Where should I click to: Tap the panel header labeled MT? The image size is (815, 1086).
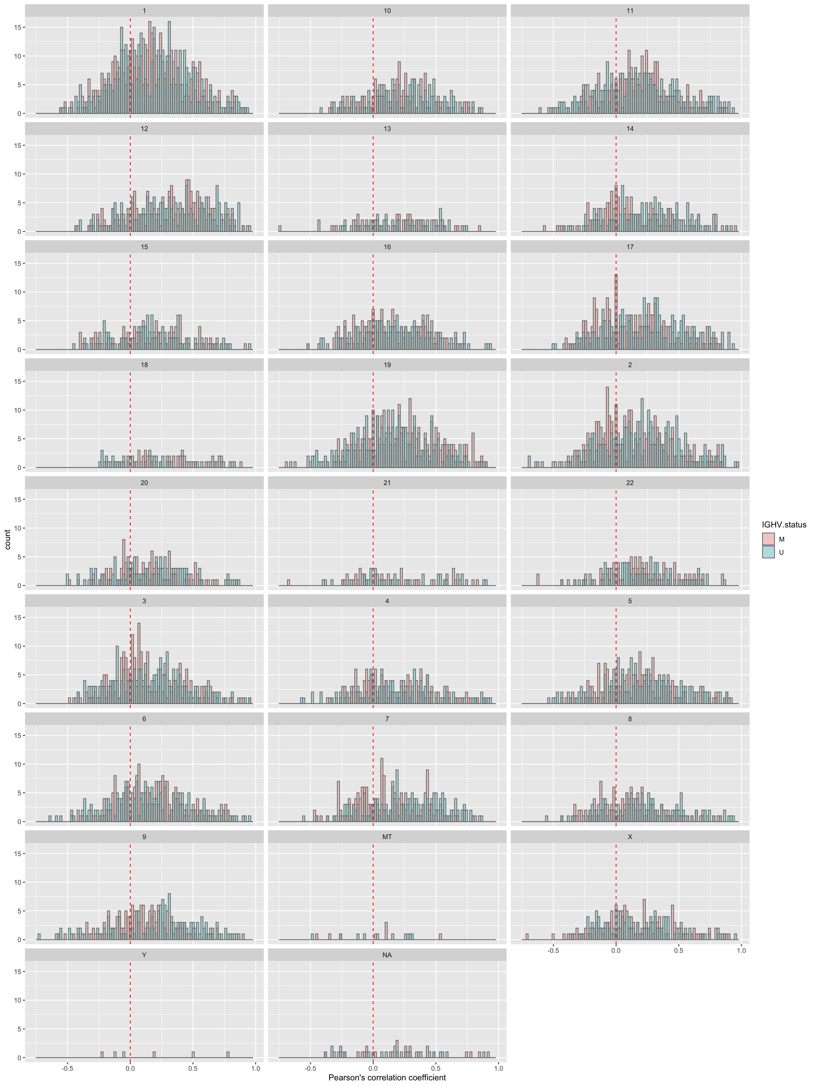[x=387, y=837]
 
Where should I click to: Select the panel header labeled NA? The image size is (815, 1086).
[x=387, y=955]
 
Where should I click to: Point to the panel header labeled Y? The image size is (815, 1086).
[x=144, y=955]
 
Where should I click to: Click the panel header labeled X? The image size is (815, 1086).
[x=630, y=837]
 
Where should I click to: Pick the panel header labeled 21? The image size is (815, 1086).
[x=387, y=482]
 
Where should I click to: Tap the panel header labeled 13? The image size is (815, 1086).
[x=387, y=129]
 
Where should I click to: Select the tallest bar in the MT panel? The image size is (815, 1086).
[x=386, y=931]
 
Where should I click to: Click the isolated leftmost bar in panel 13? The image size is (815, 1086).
[x=280, y=228]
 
